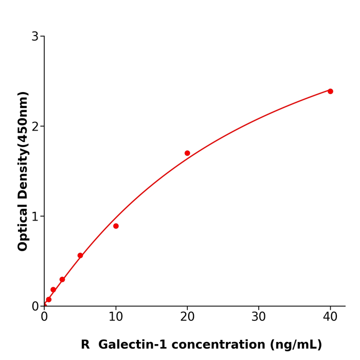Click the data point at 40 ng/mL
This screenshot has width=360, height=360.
tap(330, 91)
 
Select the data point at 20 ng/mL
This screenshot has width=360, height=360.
tap(187, 153)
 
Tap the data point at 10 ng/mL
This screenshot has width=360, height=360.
tap(116, 226)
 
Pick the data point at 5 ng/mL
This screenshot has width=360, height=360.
tap(80, 256)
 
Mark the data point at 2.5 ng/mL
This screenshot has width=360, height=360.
tap(62, 279)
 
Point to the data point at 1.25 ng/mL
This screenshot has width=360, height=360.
tap(53, 290)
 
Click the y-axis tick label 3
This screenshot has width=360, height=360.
tap(35, 37)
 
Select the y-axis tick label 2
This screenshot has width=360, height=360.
tap(35, 127)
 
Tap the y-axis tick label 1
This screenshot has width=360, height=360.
tap(35, 217)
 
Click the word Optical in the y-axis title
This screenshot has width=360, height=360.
tap(23, 226)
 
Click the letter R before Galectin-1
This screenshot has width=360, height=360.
tap(85, 345)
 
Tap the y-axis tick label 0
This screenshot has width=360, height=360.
tap(35, 307)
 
